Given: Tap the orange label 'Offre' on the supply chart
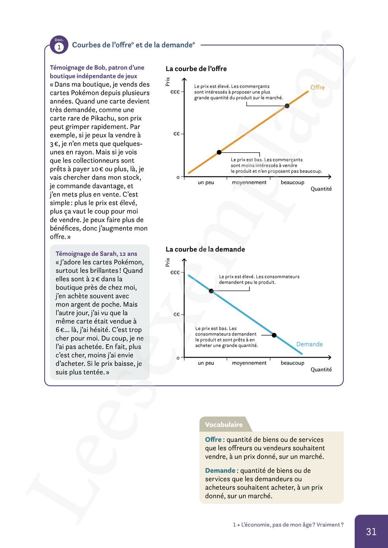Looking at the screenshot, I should (317, 88).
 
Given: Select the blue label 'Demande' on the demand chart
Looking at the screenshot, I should (309, 344).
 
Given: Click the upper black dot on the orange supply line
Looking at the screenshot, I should (287, 106).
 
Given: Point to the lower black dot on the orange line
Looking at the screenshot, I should (219, 152).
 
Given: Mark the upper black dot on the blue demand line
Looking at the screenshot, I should (211, 291).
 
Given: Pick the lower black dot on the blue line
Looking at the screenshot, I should (274, 335).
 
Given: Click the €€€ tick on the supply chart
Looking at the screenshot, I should (175, 92).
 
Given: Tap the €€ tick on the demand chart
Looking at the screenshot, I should (177, 314).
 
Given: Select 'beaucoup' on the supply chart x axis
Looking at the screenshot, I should (293, 183).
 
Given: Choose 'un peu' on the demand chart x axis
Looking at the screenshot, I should (206, 363).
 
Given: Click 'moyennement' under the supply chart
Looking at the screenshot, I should (249, 183).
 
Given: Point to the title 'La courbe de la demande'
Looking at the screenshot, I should (205, 249).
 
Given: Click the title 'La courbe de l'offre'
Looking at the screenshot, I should (196, 69).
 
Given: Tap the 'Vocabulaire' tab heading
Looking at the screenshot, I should (224, 425).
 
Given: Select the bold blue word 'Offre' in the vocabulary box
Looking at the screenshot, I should (213, 439).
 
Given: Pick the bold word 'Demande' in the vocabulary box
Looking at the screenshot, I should (220, 470).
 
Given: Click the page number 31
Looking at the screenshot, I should (371, 532).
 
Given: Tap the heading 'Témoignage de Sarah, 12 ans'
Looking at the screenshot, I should (96, 254).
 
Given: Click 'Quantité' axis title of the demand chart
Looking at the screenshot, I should (321, 370).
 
